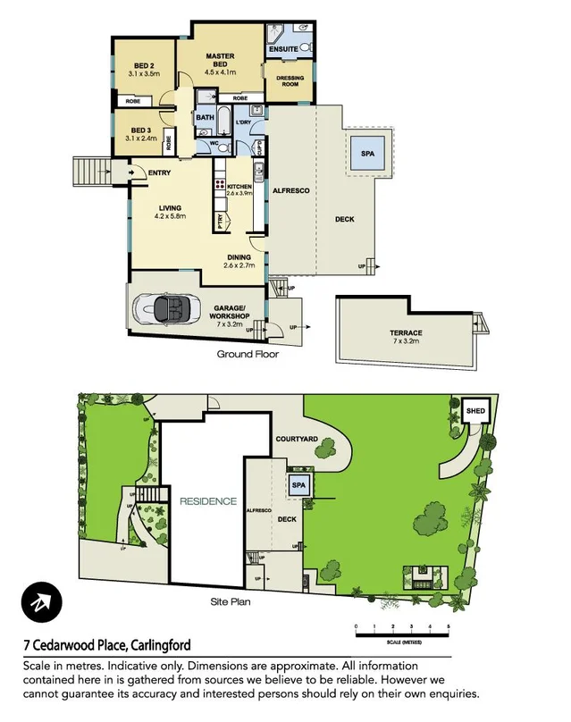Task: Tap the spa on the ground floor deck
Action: point(369,153)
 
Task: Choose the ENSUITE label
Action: point(283,49)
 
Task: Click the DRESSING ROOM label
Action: point(290,81)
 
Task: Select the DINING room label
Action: point(239,261)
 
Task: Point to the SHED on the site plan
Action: point(475,411)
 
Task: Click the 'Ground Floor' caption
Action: point(248,354)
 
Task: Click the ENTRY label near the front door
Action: point(160,172)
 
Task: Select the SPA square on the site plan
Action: point(298,484)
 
